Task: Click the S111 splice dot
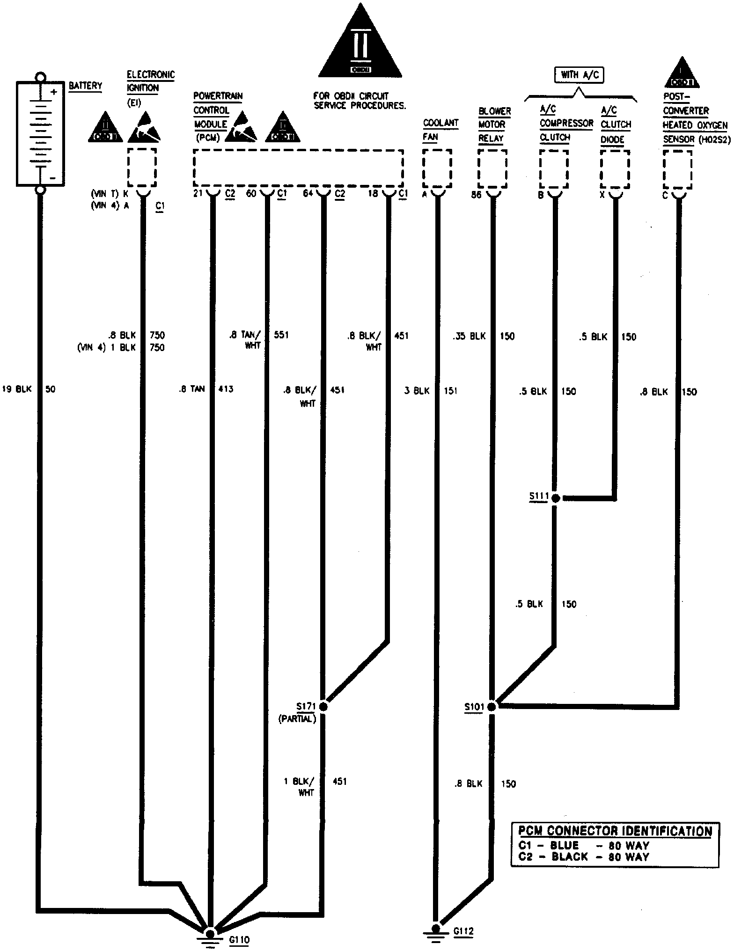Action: tap(555, 498)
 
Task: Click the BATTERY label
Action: tap(85, 86)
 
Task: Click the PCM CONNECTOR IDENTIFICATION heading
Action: tap(615, 831)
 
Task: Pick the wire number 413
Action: tap(226, 389)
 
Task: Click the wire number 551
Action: tap(281, 335)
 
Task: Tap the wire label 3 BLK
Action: tap(417, 391)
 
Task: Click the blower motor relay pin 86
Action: tap(476, 195)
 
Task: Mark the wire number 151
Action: tap(450, 391)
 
